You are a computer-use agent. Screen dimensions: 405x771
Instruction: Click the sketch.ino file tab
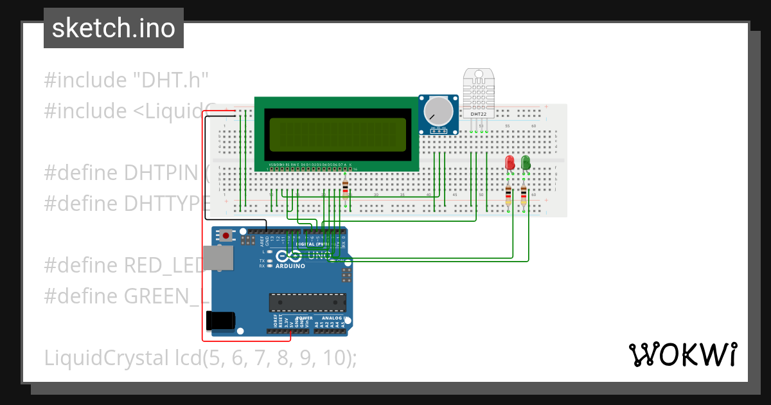[x=113, y=28]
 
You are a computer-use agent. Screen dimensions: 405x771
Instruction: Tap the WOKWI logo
[x=682, y=354]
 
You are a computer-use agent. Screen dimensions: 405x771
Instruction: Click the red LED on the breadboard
[x=510, y=162]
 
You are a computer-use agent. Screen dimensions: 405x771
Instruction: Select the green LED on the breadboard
[x=526, y=162]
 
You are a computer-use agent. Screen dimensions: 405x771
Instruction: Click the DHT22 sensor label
[x=479, y=114]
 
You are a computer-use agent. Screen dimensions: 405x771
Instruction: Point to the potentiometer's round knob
[x=438, y=111]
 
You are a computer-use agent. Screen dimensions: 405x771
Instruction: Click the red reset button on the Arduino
[x=226, y=236]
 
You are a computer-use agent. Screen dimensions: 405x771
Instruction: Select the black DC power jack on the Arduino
[x=220, y=320]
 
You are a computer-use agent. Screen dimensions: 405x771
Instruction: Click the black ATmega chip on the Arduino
[x=307, y=302]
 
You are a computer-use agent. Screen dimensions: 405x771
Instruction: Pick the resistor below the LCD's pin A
[x=346, y=187]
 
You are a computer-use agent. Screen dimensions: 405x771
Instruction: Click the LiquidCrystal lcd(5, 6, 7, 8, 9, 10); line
[x=200, y=357]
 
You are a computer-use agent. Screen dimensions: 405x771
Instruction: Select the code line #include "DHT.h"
[x=127, y=80]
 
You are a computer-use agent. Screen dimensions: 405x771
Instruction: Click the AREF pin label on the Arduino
[x=262, y=241]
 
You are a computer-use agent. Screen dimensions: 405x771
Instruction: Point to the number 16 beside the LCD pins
[x=355, y=169]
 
